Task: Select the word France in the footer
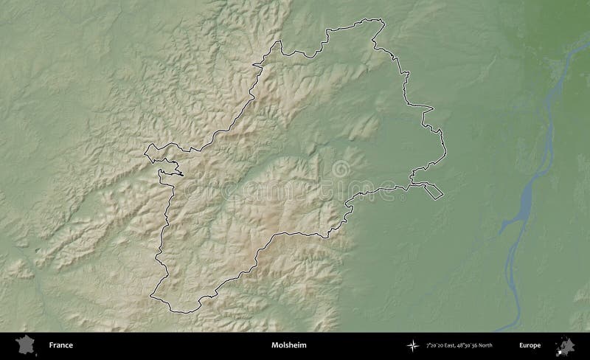click(60, 345)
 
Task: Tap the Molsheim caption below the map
click(284, 345)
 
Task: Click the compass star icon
click(412, 345)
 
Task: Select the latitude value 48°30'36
click(475, 345)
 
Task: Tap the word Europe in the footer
click(530, 345)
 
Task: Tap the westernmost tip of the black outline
click(145, 154)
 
